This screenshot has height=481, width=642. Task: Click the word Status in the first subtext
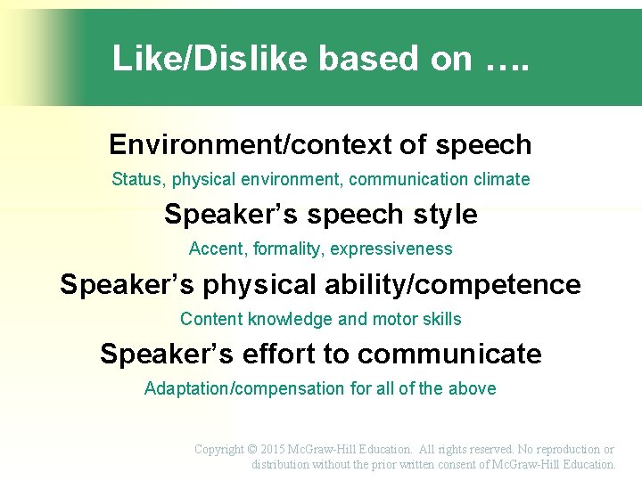[x=137, y=179]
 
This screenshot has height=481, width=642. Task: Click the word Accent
[x=215, y=249]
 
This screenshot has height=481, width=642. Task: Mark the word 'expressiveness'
[x=391, y=249]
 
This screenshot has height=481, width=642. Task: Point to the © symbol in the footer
[x=252, y=450]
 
